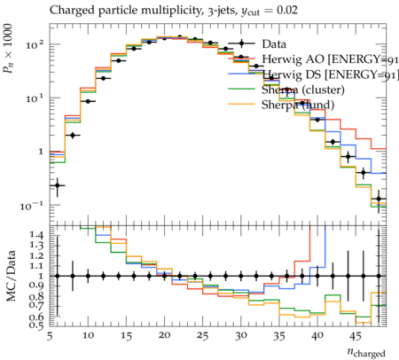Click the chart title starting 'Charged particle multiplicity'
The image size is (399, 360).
click(174, 11)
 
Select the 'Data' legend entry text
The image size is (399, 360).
click(274, 44)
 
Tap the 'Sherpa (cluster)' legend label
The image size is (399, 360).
click(303, 90)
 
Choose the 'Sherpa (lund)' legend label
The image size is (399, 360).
click(298, 105)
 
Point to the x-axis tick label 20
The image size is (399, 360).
click(164, 335)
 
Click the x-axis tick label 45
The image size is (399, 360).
click(356, 335)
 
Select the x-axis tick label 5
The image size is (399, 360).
click(50, 336)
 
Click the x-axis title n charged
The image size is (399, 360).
click(366, 353)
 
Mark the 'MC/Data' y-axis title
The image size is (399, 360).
click(11, 276)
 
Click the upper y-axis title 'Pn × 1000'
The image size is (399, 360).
click(8, 49)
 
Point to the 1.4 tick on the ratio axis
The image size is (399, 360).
click(36, 235)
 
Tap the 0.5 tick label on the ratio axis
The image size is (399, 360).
click(36, 325)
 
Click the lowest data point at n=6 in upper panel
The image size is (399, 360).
click(58, 185)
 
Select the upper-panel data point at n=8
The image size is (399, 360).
click(73, 136)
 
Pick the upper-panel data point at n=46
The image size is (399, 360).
click(364, 173)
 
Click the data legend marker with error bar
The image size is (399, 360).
click(241, 43)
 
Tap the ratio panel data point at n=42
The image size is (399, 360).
click(332, 276)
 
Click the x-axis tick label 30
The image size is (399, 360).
click(241, 335)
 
